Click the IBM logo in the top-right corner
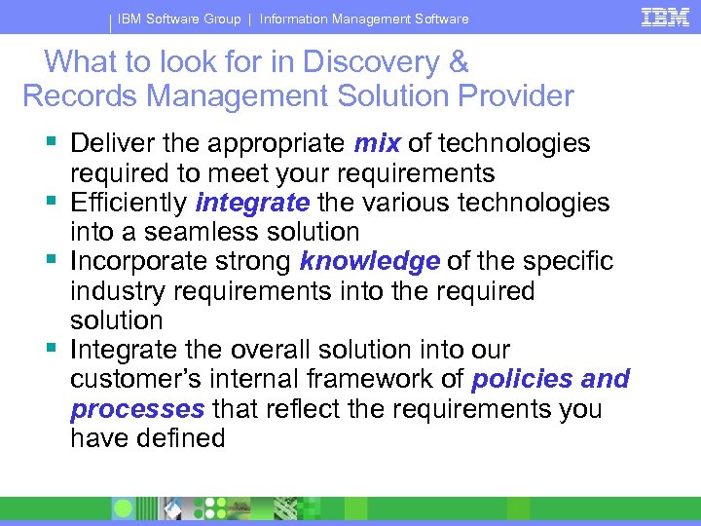pos(666,17)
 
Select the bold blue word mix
pos(378,144)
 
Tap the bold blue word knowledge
pos(370,261)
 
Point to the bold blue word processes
pos(137,409)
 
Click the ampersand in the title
pos(458,62)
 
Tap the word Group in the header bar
pos(219,19)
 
